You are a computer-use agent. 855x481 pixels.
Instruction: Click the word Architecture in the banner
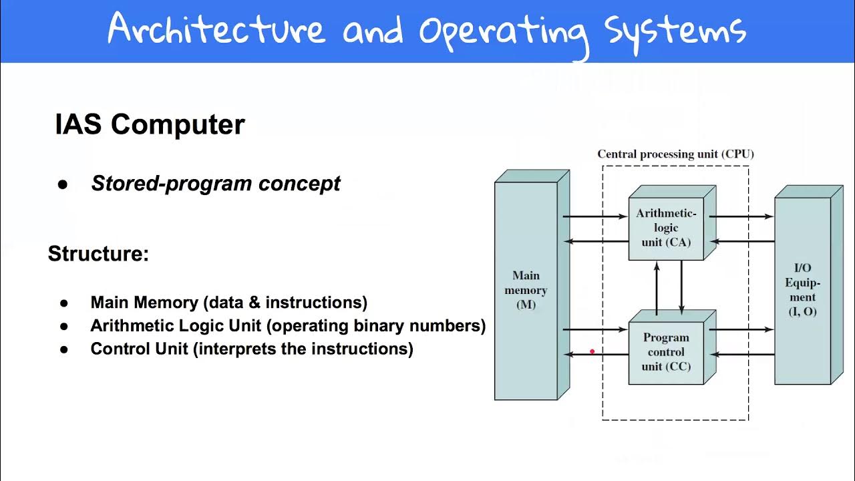tap(216, 30)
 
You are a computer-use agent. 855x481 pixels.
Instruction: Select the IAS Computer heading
tap(150, 125)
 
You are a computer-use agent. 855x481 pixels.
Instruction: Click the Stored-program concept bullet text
tap(216, 184)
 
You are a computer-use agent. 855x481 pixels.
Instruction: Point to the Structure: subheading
tap(98, 254)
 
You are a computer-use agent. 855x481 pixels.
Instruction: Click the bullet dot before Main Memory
tap(64, 303)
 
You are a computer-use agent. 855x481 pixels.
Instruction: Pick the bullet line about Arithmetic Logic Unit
tap(288, 326)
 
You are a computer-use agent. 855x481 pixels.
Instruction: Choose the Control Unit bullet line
tap(252, 349)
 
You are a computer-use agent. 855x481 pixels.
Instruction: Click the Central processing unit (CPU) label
tap(675, 154)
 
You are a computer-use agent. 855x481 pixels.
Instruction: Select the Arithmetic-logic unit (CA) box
tap(666, 228)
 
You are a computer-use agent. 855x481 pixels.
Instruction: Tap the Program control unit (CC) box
tap(666, 352)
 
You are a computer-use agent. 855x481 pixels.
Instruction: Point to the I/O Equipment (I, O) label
tap(802, 290)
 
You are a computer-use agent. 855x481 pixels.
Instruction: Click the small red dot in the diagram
tap(592, 351)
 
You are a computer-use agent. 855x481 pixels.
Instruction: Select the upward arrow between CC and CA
tap(657, 287)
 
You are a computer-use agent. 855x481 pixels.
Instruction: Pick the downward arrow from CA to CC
tap(681, 287)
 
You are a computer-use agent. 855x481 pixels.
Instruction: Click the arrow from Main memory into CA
tap(594, 216)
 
